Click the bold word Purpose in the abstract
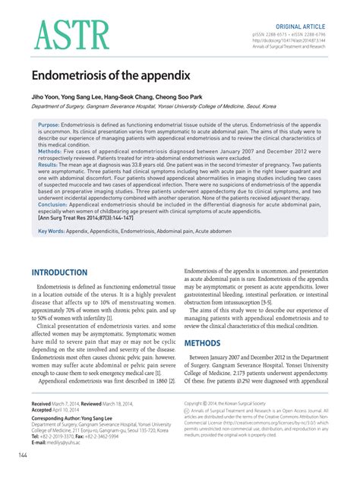click(49, 124)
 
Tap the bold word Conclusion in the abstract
click(52, 204)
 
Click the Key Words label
click(52, 231)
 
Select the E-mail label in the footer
click(43, 443)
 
